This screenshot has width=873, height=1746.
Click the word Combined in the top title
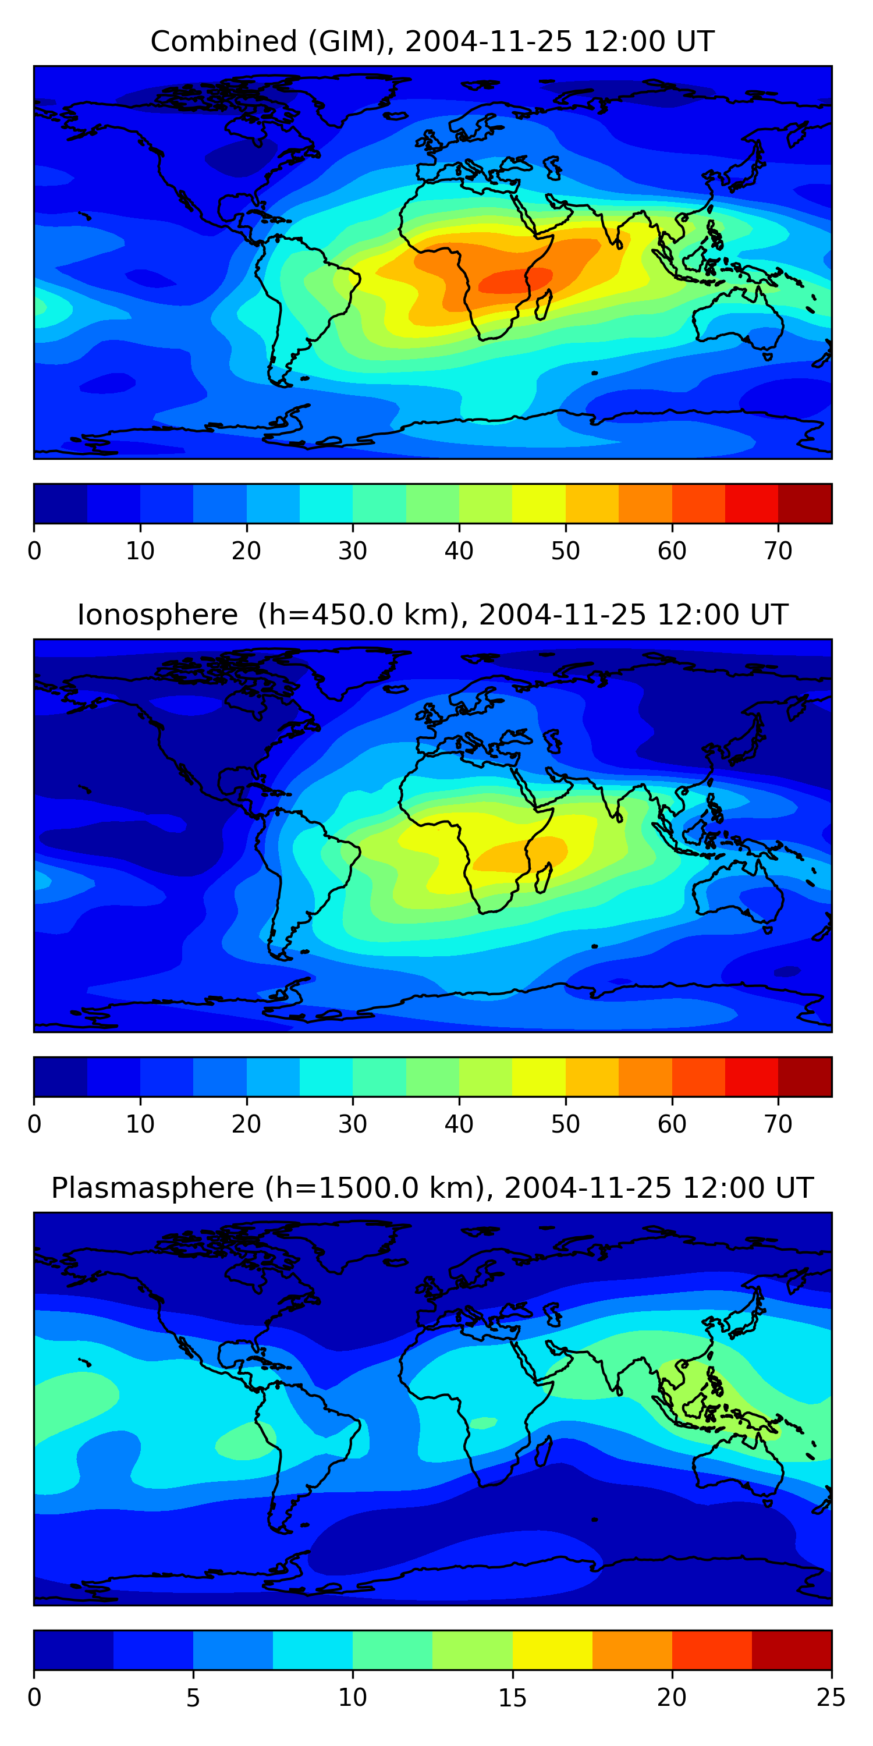tap(223, 42)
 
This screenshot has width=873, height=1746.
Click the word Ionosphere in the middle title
tap(157, 615)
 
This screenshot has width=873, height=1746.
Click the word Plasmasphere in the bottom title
tap(152, 1188)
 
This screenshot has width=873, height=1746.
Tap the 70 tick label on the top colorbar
tap(778, 551)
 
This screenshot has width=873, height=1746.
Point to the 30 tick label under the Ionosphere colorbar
tap(353, 1124)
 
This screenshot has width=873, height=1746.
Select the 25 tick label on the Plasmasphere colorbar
tap(831, 1698)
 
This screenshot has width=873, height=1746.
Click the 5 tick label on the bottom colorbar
tap(193, 1698)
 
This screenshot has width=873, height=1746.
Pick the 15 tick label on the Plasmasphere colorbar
tap(512, 1698)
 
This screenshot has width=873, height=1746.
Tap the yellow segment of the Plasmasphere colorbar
tap(552, 1650)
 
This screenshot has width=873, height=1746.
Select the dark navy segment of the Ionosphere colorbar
tap(61, 1076)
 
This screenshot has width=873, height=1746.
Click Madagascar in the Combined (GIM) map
tap(544, 305)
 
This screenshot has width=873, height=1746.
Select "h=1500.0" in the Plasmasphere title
tap(339, 1188)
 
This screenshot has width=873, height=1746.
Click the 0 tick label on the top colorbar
tap(34, 551)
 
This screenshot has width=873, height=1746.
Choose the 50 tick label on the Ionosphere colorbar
tap(565, 1124)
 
